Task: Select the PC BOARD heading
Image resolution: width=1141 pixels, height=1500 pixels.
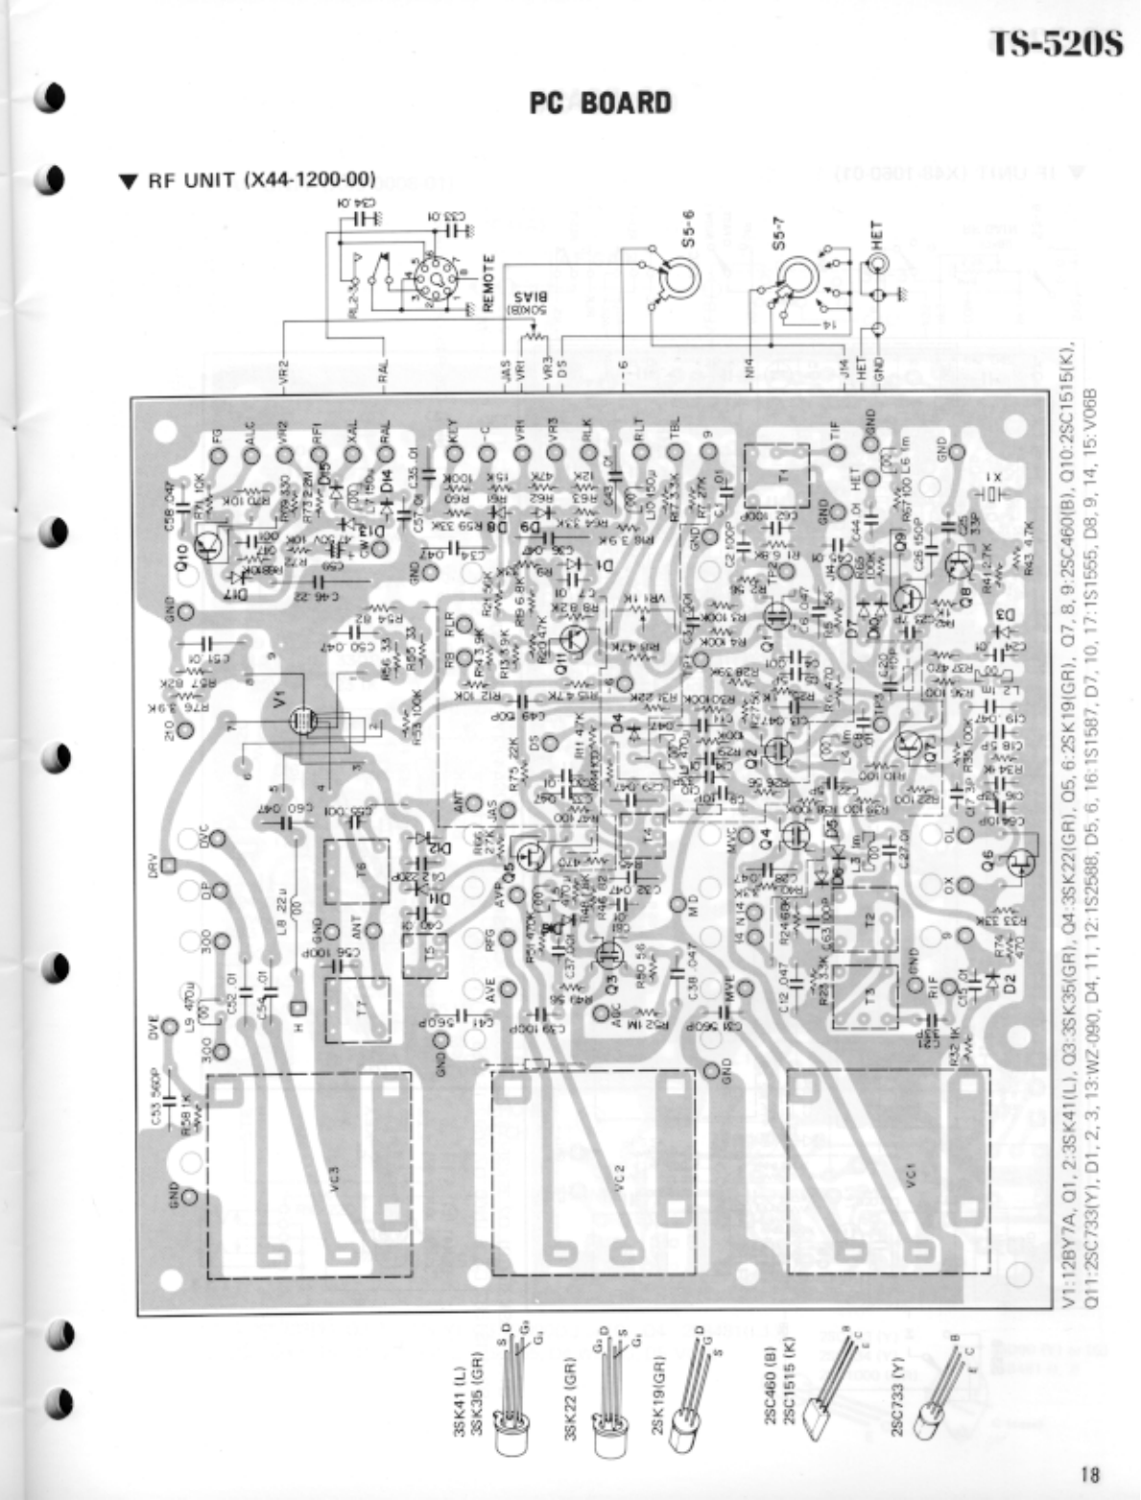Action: tap(601, 103)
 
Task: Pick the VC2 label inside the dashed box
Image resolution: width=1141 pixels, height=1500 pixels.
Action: tap(620, 1177)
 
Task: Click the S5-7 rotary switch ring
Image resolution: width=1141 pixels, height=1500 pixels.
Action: tap(796, 278)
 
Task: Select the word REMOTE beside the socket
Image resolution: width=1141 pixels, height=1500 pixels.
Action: tap(488, 284)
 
